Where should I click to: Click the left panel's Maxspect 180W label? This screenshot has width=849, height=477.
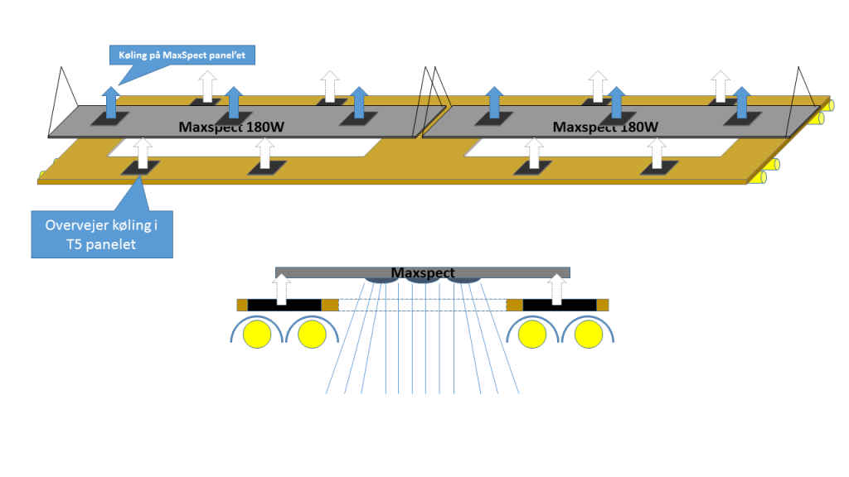pyautogui.click(x=232, y=127)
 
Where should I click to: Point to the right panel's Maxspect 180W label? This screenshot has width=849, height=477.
pyautogui.click(x=605, y=127)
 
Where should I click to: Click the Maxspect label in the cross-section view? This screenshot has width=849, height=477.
pyautogui.click(x=423, y=272)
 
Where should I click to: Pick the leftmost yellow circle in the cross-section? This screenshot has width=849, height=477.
pyautogui.click(x=256, y=335)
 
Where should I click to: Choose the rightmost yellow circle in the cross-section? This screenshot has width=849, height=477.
pyautogui.click(x=589, y=335)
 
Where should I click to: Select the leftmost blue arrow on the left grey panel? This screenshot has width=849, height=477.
pyautogui.click(x=109, y=103)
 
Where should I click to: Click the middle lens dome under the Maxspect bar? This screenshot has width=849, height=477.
pyautogui.click(x=423, y=281)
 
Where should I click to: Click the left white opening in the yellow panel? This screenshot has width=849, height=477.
pyautogui.click(x=240, y=147)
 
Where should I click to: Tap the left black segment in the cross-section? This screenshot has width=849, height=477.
pyautogui.click(x=284, y=305)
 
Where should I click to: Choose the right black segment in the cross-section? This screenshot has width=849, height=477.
pyautogui.click(x=560, y=305)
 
